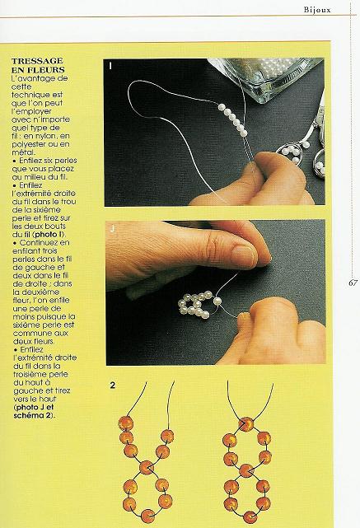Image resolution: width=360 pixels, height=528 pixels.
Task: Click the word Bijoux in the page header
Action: [317, 9]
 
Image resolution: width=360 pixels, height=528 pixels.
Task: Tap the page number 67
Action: [353, 283]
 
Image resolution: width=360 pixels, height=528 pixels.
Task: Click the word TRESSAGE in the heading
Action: [37, 61]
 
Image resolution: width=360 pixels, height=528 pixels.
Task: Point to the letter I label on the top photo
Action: [110, 66]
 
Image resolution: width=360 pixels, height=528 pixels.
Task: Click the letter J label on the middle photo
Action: [113, 229]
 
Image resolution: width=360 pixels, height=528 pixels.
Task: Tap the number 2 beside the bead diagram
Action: [113, 385]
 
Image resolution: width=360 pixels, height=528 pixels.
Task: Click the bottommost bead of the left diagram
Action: [147, 516]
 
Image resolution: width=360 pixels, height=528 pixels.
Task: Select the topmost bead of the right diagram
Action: [246, 424]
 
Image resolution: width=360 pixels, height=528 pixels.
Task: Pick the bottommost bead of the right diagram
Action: [250, 517]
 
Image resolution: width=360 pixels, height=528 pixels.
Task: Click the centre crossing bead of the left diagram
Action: [146, 467]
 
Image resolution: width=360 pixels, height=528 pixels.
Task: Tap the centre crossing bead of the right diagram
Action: [246, 470]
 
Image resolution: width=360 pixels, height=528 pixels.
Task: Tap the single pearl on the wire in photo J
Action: [217, 301]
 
